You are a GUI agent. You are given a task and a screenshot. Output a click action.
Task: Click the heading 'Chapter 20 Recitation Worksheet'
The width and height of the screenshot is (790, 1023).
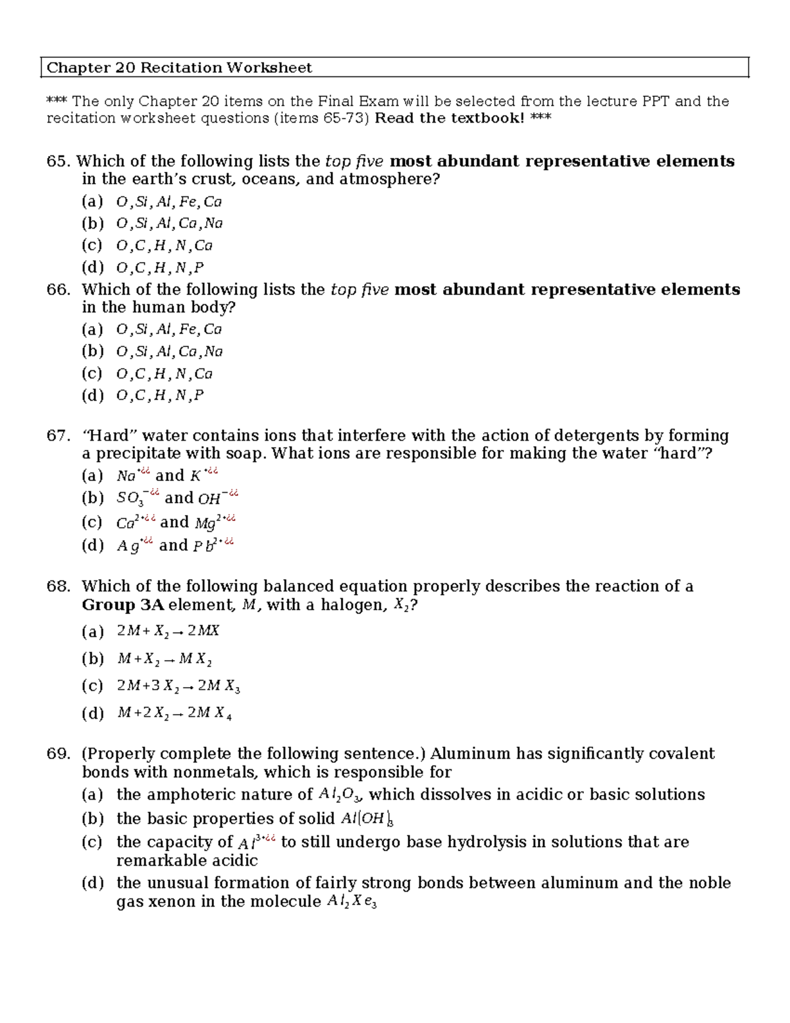coord(179,68)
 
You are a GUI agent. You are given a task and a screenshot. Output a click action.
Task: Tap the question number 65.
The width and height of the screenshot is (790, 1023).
coord(58,161)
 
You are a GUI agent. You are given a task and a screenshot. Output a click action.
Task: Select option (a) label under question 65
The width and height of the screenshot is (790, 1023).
coord(92,202)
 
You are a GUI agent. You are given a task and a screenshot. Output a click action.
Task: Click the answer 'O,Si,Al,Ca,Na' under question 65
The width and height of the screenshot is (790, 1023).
coord(169,223)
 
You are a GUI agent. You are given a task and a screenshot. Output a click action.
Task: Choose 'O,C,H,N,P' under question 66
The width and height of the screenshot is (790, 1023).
coord(160,396)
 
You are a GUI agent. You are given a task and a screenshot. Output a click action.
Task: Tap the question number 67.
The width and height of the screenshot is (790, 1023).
coord(58,436)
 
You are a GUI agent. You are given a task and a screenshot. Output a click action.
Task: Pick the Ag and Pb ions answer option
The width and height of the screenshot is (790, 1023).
coord(175,545)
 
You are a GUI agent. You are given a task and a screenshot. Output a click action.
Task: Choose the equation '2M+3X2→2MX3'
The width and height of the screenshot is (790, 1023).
coord(178,686)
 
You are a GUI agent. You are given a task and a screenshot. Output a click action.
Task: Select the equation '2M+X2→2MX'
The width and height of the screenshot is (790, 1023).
coord(168,631)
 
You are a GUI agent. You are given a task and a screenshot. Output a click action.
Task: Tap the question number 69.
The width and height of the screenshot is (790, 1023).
coord(58,754)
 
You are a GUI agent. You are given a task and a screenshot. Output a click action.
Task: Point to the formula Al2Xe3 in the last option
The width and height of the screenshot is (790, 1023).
coord(352,902)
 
